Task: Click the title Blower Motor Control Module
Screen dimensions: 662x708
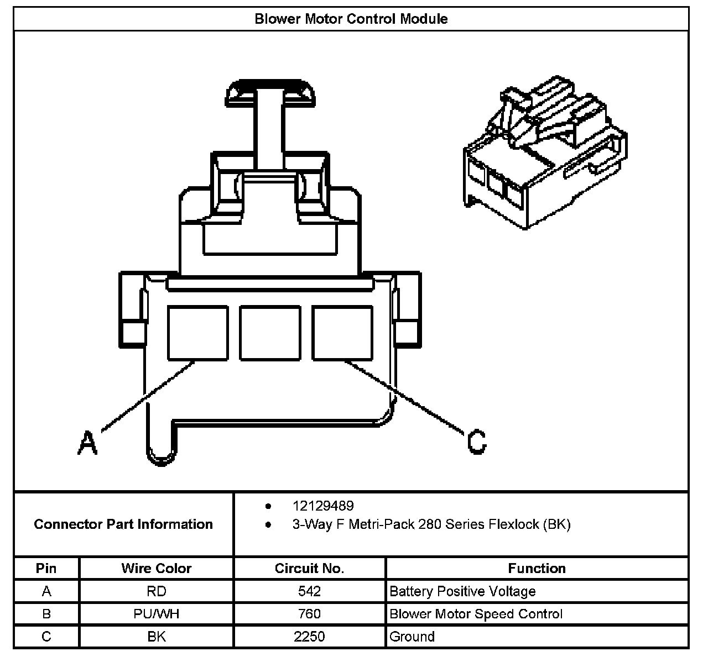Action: pos(351,19)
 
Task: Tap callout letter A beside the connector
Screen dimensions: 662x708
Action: pos(87,443)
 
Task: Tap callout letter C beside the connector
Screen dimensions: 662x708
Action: pos(476,442)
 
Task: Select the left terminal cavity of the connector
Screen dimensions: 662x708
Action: pos(197,333)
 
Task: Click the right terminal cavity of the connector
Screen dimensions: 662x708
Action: pos(342,333)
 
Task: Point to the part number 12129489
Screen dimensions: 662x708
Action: pos(323,506)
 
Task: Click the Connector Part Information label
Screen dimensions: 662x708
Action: pos(123,524)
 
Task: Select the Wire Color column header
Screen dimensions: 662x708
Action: pos(157,568)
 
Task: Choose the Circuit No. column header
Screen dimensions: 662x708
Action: pos(309,568)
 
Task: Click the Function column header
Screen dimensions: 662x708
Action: pos(537,568)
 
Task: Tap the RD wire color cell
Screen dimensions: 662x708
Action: pos(157,591)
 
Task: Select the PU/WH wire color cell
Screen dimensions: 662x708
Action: pos(157,614)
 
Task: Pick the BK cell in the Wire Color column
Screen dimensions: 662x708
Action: pos(157,637)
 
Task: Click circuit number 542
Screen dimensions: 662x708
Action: pos(309,591)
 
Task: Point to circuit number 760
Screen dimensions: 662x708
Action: pos(309,614)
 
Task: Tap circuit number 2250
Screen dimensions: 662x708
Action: pos(309,637)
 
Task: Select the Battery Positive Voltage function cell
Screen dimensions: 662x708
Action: pos(462,591)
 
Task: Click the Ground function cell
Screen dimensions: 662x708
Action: pos(412,637)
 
